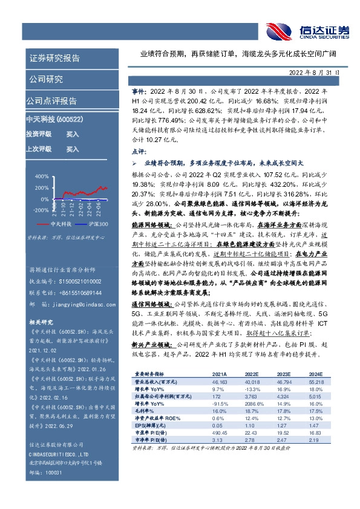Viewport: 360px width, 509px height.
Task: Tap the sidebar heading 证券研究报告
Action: pos(54,59)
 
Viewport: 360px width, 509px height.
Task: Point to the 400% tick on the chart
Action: pos(41,177)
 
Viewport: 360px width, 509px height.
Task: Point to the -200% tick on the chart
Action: pos(40,210)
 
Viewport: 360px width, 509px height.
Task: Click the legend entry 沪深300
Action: pos(97,224)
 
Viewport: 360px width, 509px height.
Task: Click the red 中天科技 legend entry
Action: pos(57,224)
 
